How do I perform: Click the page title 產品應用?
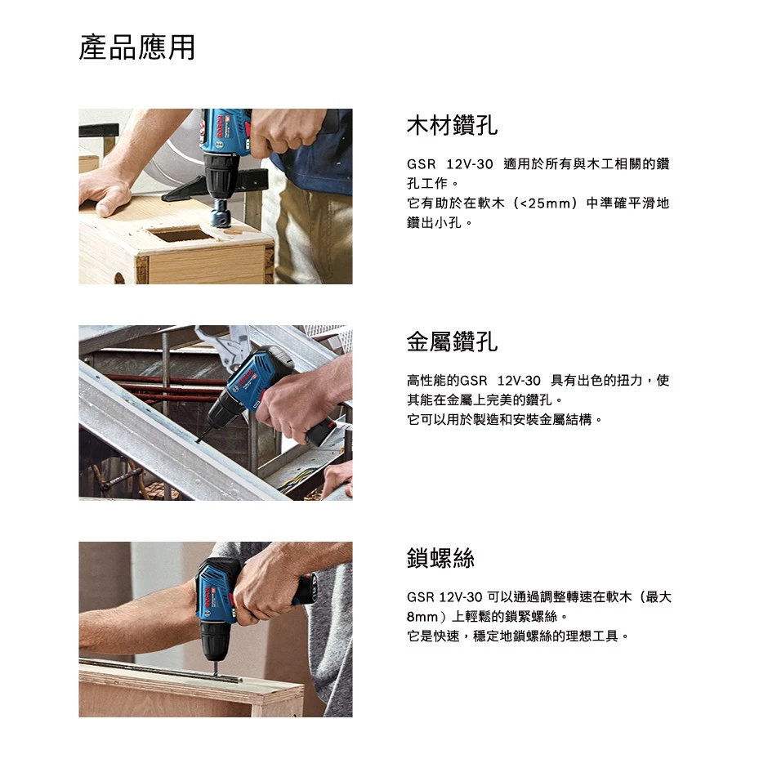tap(137, 47)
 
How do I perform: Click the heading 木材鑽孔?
tap(452, 125)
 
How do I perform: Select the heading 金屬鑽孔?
tap(452, 342)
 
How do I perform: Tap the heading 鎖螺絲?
tap(440, 558)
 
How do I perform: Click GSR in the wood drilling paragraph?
tap(421, 164)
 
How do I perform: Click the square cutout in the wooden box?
tap(180, 234)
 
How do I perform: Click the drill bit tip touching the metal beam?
tap(197, 440)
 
